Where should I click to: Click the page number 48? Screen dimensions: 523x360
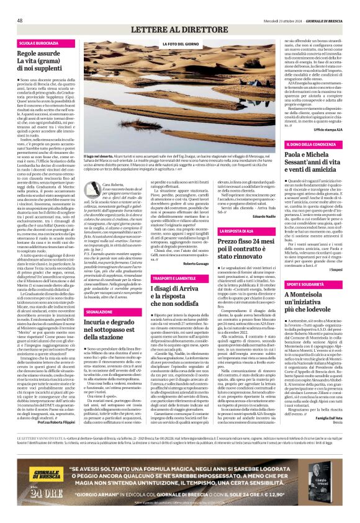click(x=20, y=20)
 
